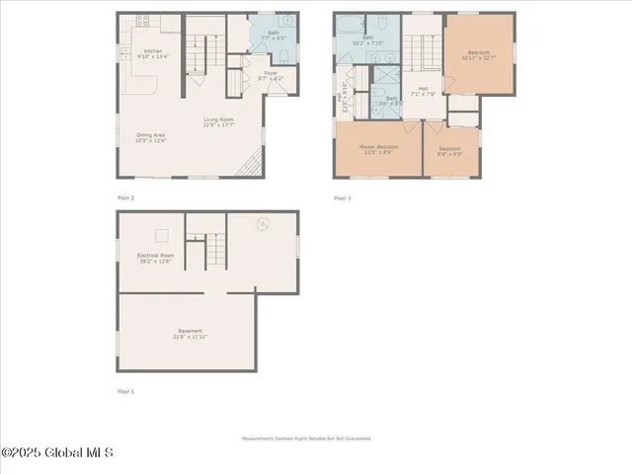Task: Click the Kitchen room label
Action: pos(153,53)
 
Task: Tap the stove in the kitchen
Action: pos(142,19)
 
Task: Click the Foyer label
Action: pos(270,75)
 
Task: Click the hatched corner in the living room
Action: pos(254,161)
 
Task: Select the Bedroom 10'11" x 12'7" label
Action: pos(479,55)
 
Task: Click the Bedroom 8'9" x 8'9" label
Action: pos(450,151)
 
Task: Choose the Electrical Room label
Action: pos(156,258)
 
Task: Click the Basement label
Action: pos(191,334)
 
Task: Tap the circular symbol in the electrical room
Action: pos(264,223)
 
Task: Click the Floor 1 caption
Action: pos(125,391)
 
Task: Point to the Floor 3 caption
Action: pos(342,197)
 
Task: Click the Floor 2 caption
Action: pos(125,197)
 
